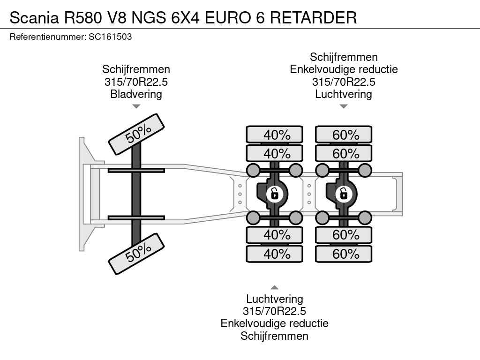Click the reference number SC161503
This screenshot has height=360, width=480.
tap(110, 37)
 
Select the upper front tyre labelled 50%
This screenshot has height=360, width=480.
tap(137, 134)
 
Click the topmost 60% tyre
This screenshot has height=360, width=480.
tap(344, 135)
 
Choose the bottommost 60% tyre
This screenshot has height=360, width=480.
tap(344, 254)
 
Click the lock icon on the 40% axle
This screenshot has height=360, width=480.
tap(275, 193)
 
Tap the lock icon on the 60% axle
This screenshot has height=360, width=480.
tap(344, 193)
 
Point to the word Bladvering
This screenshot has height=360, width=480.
tap(136, 94)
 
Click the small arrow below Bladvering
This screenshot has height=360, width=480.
tap(136, 106)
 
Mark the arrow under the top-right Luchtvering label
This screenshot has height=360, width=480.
tap(344, 106)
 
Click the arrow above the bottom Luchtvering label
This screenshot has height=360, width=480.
tap(275, 287)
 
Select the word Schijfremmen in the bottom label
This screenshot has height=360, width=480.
tap(275, 336)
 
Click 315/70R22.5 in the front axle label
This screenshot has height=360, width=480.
tap(136, 82)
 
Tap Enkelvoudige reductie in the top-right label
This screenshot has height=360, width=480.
tap(344, 70)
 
